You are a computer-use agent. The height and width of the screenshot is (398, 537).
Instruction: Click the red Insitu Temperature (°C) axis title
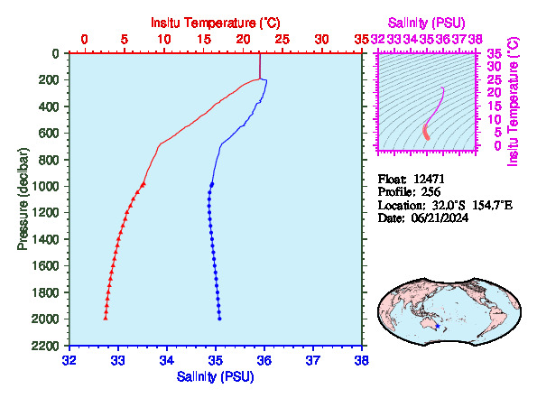pos(216,23)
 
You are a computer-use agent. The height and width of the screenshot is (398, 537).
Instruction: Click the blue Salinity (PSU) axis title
pos(216,376)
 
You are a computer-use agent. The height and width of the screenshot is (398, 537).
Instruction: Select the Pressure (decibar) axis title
pos(23,199)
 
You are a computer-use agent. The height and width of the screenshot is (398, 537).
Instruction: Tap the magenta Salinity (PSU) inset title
pos(426,23)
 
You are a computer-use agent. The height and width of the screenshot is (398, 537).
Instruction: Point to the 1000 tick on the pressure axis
pos(45,186)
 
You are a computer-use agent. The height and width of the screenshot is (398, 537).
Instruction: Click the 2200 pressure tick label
pos(45,346)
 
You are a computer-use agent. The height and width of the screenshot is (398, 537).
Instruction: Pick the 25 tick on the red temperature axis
pos(282,40)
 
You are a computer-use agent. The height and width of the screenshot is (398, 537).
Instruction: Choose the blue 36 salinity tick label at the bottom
pos(264,360)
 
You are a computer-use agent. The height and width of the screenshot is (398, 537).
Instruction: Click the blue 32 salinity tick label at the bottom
pos(69,360)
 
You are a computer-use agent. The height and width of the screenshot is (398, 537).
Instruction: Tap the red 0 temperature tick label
pos(84,40)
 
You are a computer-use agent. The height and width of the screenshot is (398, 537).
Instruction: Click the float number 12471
pos(429,179)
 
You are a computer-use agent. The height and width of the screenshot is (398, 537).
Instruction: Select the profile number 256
pos(431,192)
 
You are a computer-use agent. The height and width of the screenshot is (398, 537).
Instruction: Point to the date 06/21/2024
pos(440,218)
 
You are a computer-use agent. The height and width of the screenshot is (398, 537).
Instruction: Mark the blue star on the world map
pos(438,326)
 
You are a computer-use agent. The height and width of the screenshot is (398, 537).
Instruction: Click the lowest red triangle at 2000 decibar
pos(106,319)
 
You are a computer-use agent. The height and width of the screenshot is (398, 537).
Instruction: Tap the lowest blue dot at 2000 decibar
pos(219,319)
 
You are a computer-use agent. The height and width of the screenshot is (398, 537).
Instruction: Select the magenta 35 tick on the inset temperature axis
pos(495,53)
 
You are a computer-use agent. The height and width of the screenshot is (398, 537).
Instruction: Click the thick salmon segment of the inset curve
pos(426,132)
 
